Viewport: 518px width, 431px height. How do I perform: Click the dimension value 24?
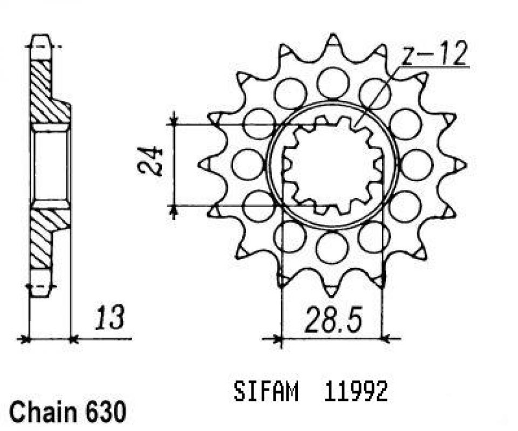point(151,161)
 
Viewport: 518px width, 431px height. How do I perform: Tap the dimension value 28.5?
point(333,320)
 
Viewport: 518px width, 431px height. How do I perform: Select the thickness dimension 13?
point(110,318)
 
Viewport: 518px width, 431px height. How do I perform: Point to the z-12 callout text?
point(434,54)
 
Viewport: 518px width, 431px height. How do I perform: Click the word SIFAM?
point(266,392)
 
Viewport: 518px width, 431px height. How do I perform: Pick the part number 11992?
point(356,392)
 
